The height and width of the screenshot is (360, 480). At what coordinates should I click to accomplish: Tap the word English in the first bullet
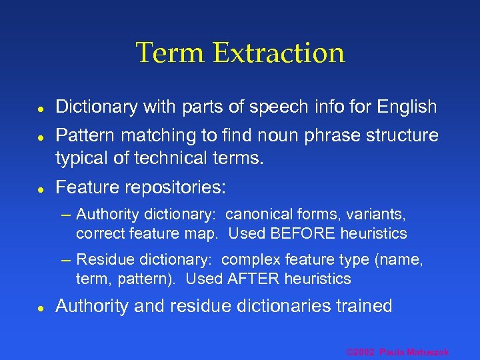click(407, 107)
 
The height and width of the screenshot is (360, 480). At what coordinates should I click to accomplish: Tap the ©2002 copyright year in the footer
click(361, 351)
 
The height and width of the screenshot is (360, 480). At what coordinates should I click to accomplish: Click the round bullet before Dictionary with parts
click(41, 107)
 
